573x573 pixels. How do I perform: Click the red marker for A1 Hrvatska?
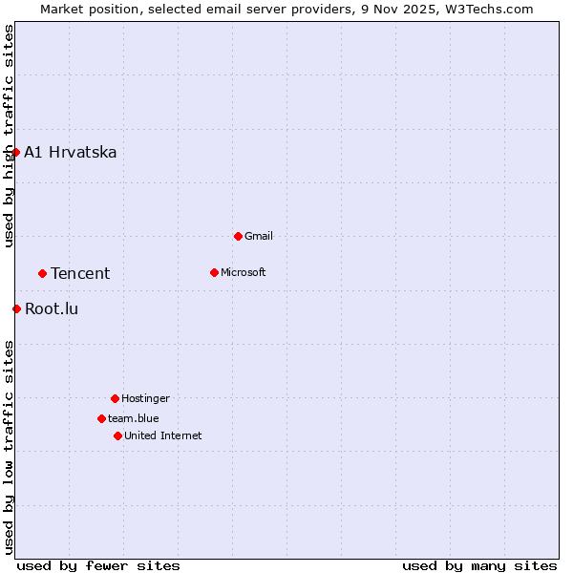tap(15, 152)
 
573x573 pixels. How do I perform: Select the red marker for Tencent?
tap(42, 273)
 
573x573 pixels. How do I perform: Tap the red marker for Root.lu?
tap(16, 308)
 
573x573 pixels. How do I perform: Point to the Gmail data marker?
tap(238, 236)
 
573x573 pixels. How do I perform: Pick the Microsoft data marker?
tap(214, 272)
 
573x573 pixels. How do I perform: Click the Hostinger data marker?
tap(115, 398)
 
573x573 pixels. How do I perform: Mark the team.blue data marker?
tap(101, 418)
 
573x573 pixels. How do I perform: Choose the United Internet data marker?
tap(117, 435)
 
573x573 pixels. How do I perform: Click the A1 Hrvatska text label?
tap(71, 152)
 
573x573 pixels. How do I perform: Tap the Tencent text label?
tap(80, 273)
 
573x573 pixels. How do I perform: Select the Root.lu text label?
tap(52, 308)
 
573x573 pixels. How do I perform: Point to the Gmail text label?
tap(259, 236)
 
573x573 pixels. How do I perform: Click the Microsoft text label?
tap(243, 272)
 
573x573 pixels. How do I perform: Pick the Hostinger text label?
tap(145, 398)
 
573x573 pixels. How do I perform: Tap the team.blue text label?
tap(133, 418)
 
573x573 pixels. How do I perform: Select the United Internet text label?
tap(162, 435)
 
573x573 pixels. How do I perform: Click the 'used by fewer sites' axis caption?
tap(98, 565)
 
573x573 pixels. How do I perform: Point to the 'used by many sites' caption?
tap(479, 565)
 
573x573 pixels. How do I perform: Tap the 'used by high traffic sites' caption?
tap(9, 136)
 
